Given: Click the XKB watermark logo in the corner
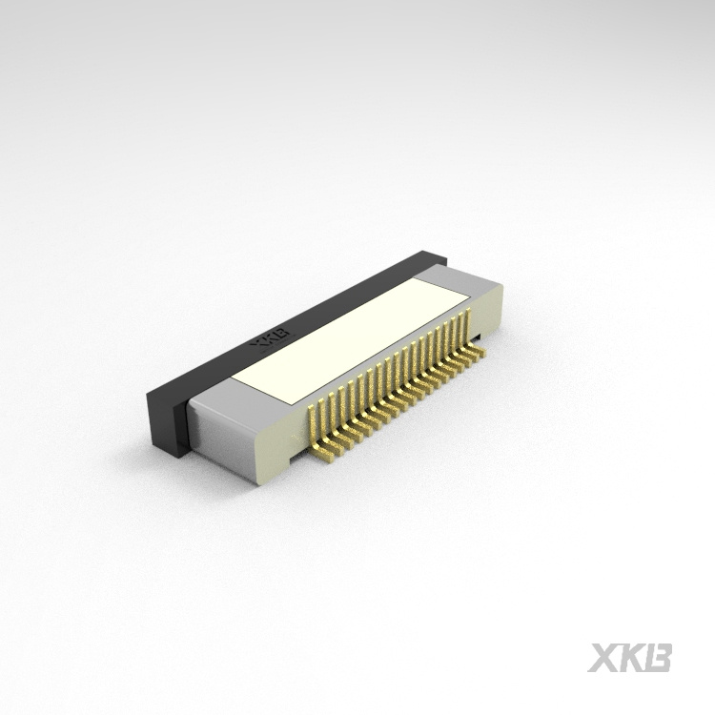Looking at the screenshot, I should point(630,658).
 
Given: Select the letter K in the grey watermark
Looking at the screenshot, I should point(630,658).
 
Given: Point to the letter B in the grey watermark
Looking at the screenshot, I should point(659,658).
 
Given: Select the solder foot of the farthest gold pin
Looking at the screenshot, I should point(480,351).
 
